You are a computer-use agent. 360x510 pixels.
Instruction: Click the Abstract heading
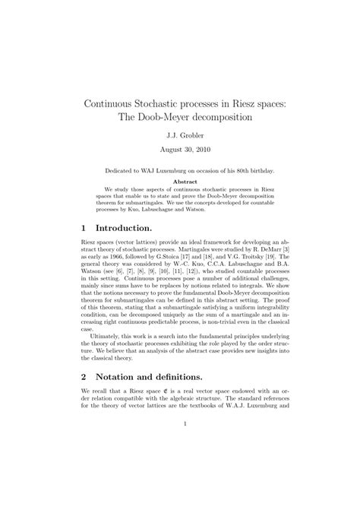180,182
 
